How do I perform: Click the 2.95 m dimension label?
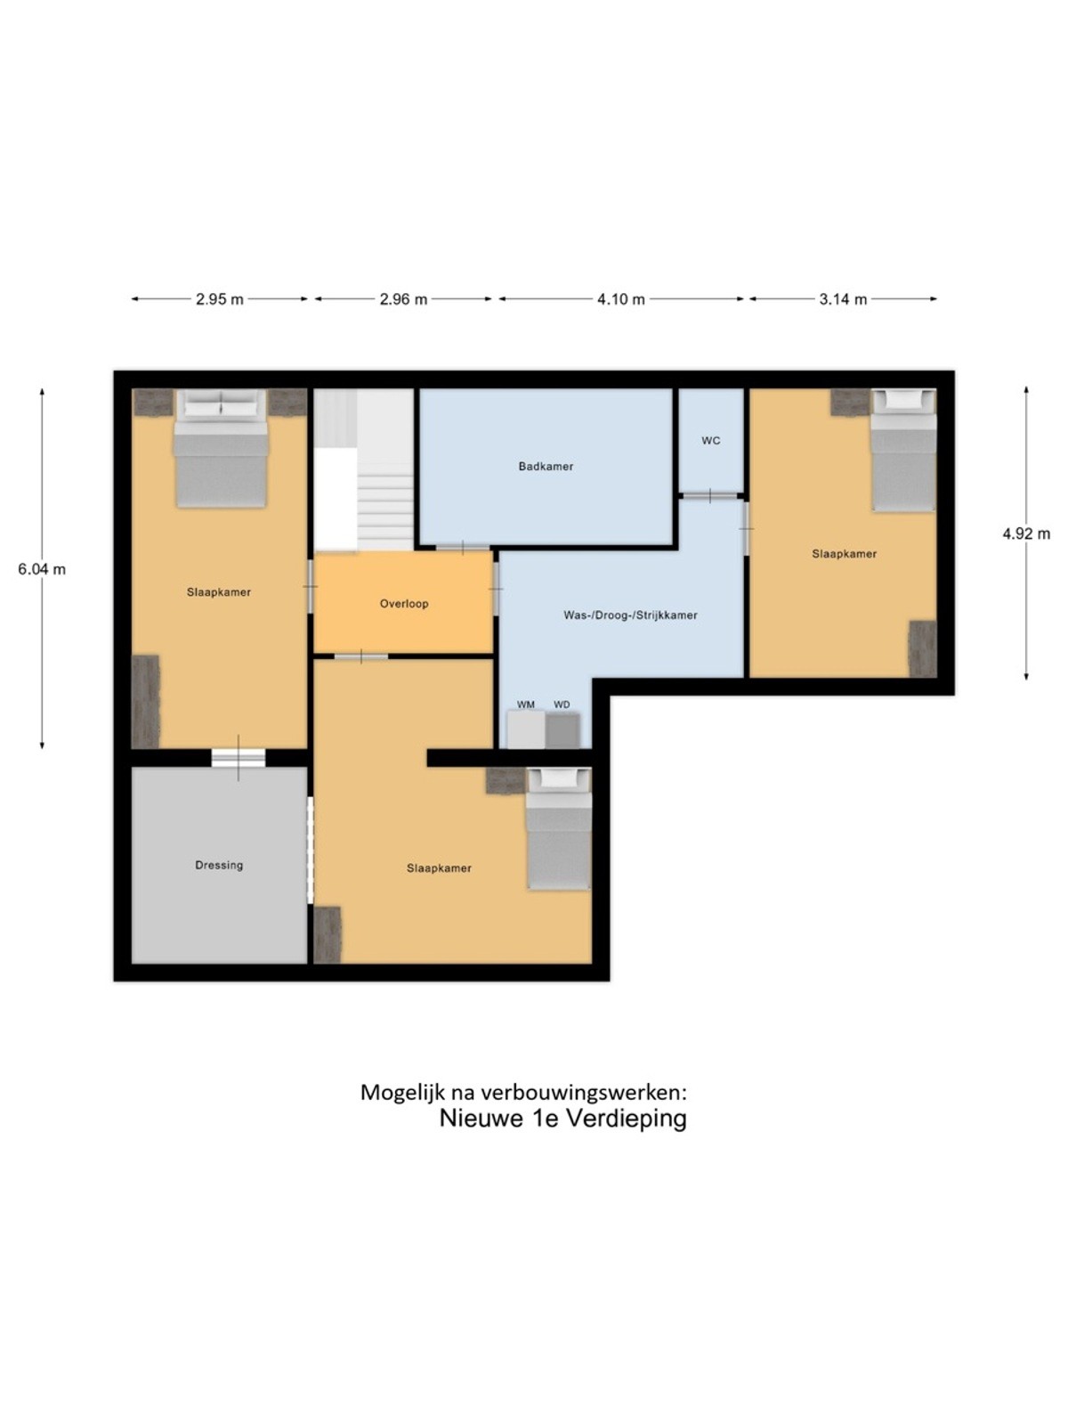[x=219, y=299]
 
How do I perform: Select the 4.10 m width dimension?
[x=620, y=299]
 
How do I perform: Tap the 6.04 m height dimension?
[x=42, y=569]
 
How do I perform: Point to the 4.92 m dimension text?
[x=1026, y=533]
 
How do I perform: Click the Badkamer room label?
[x=546, y=466]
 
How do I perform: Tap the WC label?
[x=711, y=441]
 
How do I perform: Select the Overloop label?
[x=404, y=604]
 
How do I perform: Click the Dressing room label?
[x=219, y=866]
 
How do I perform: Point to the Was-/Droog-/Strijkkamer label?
[x=630, y=615]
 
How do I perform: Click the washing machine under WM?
[x=525, y=729]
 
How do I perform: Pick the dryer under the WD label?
[x=562, y=730]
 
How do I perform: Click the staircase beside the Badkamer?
[x=364, y=469]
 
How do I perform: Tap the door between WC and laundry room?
[x=710, y=496]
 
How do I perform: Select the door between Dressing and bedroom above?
[x=239, y=758]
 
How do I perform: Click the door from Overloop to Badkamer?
[x=462, y=548]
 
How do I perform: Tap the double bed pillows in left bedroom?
[x=221, y=406]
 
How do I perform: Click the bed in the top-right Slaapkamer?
[x=903, y=450]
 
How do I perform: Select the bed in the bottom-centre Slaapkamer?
[x=558, y=828]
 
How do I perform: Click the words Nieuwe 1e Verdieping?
[x=562, y=1118]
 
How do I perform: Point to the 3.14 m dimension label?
[x=843, y=299]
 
